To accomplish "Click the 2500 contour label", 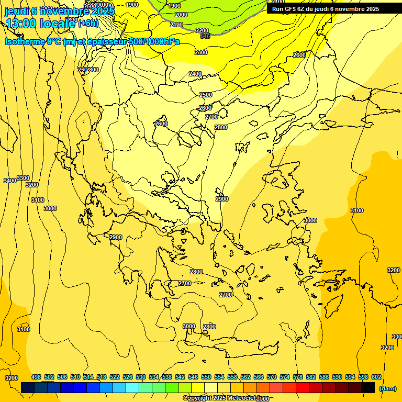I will click(x=206, y=95).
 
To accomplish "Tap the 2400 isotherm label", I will click(x=195, y=74).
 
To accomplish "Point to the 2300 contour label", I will click(x=201, y=52).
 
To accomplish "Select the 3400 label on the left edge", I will click(x=9, y=181).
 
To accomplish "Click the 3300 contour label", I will click(x=23, y=178).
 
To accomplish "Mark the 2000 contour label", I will click(x=181, y=15).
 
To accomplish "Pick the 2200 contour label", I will click(x=202, y=30).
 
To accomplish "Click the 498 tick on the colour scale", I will click(x=36, y=377).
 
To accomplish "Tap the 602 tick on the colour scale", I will click(x=376, y=377).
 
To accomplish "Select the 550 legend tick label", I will click(x=206, y=377).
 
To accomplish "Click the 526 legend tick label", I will click(x=128, y=377).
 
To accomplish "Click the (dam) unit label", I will click(x=387, y=388).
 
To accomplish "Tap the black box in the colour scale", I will click(x=368, y=387).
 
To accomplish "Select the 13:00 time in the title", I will click(x=21, y=24).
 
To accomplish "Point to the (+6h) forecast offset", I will click(x=88, y=24).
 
